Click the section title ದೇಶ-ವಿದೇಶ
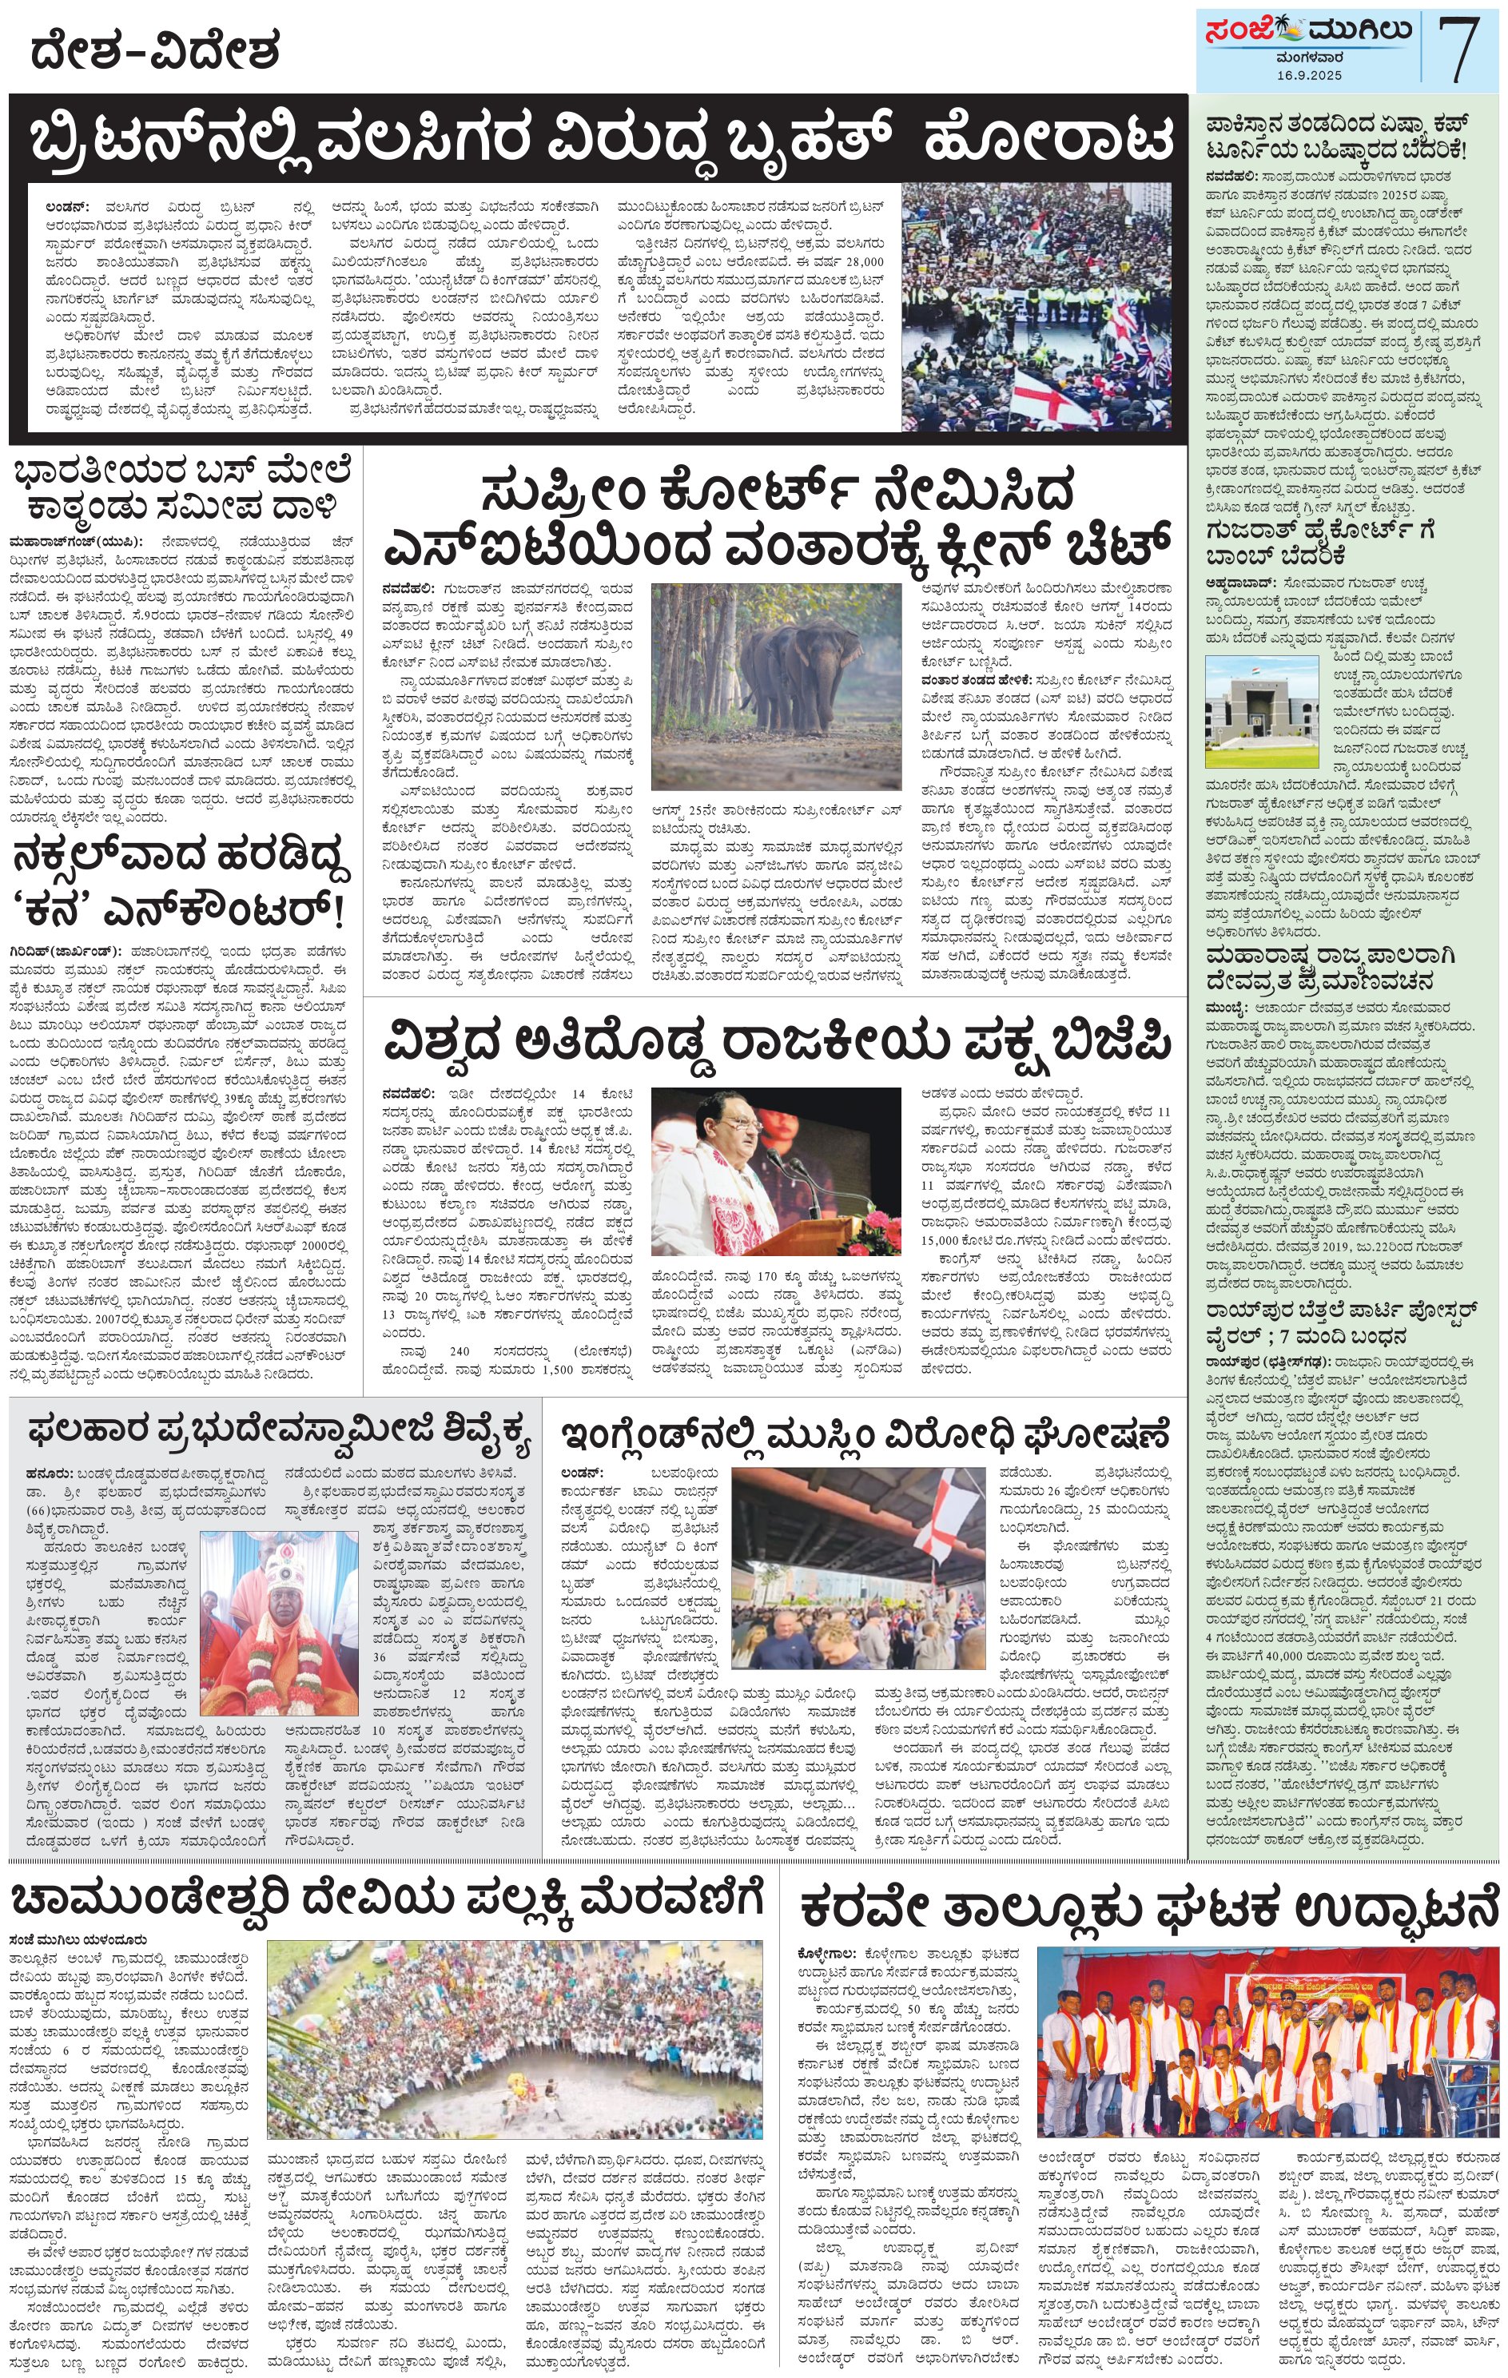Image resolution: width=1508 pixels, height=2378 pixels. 155,50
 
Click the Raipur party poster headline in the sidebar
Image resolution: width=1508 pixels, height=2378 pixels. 1341,1323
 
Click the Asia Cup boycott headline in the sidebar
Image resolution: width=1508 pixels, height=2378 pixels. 1336,138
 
